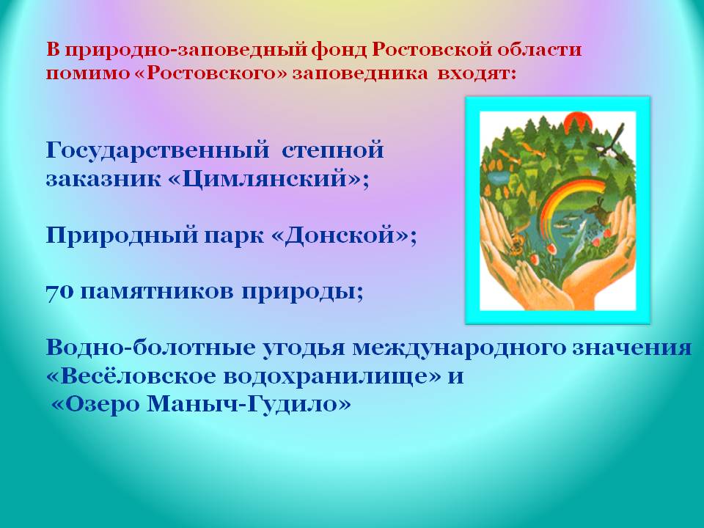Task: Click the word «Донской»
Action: pyautogui.click(x=344, y=235)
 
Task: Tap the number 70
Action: pyautogui.click(x=59, y=293)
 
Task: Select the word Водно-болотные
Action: pyautogui.click(x=151, y=348)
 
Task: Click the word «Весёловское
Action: pyautogui.click(x=131, y=375)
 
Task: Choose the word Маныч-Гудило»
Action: pyautogui.click(x=249, y=404)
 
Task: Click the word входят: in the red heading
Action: pyautogui.click(x=477, y=73)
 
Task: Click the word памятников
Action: pyautogui.click(x=157, y=293)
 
